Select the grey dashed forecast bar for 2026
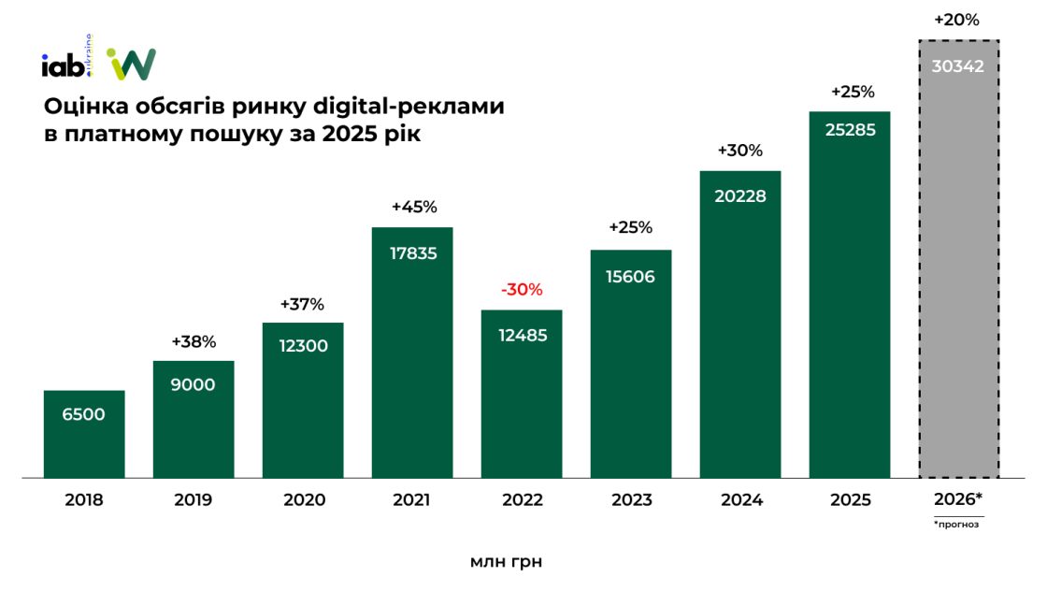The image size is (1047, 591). tap(959, 281)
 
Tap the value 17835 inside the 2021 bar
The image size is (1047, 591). tap(412, 253)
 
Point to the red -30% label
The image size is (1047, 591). tap(522, 290)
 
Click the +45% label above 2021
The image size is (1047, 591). tap(412, 208)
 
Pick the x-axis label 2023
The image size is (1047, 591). tap(631, 500)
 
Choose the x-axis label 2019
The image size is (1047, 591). tap(194, 500)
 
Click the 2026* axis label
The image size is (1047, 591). tap(959, 498)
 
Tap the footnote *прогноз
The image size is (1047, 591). tap(959, 525)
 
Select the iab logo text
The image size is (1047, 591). tap(61, 65)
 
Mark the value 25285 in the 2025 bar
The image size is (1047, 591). tap(850, 131)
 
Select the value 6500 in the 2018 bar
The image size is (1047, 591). tap(84, 414)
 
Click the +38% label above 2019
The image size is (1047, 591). tap(194, 342)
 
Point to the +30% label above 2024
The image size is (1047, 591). tap(740, 151)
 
